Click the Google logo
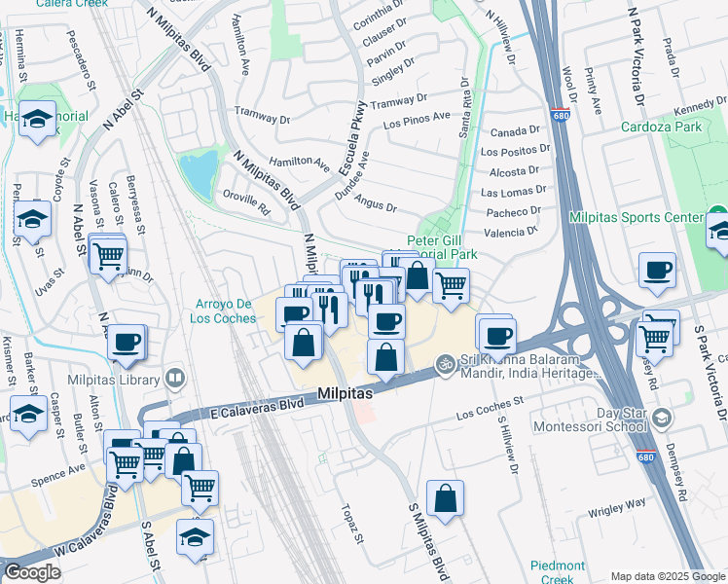tap(32, 572)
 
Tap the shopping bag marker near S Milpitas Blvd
tap(445, 498)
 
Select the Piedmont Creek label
tap(558, 572)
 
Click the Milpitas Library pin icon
tap(175, 377)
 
